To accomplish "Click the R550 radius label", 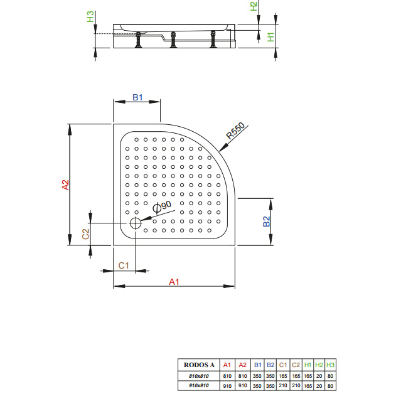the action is tap(235, 131).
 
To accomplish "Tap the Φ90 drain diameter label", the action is tap(162, 207).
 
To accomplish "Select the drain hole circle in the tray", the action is tap(136, 223).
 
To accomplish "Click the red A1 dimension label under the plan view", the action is tap(174, 282).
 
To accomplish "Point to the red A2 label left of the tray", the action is tap(65, 185).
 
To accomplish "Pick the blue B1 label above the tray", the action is tap(137, 97).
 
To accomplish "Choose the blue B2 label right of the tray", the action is tap(267, 222).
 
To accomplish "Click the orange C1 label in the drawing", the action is tap(124, 265).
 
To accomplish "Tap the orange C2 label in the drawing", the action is tap(85, 234).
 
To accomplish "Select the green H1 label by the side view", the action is tap(270, 37).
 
